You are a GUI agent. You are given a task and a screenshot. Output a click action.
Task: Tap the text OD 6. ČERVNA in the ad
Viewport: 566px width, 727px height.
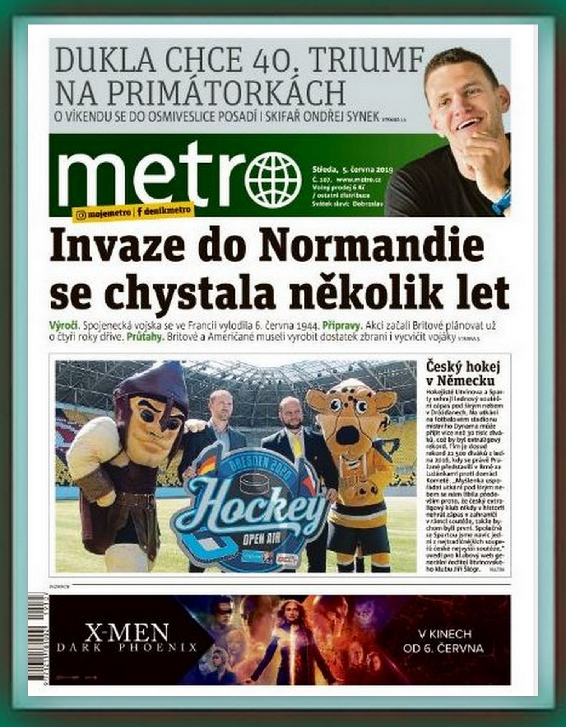click(442, 648)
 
